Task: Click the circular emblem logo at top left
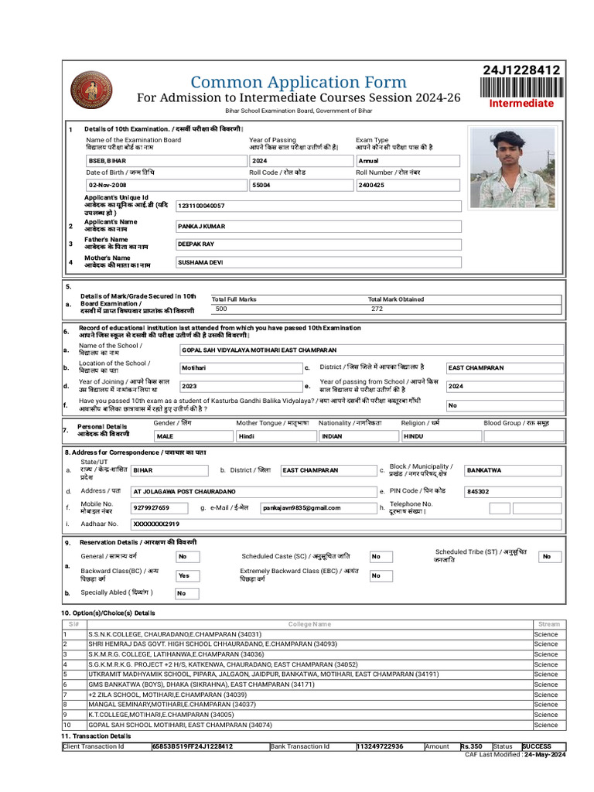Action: point(91,90)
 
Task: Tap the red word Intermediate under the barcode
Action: point(521,104)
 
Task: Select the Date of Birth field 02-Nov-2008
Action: point(108,186)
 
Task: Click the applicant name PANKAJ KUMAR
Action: point(200,227)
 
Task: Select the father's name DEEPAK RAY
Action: point(196,244)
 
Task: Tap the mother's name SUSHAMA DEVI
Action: point(200,262)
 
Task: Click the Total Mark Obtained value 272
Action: point(377,309)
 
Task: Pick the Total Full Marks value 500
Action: point(222,309)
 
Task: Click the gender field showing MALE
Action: point(165,436)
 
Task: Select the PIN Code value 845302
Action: point(478,492)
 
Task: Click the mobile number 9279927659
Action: point(151,508)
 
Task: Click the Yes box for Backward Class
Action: point(184,576)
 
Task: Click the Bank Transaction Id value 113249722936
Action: point(380,746)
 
